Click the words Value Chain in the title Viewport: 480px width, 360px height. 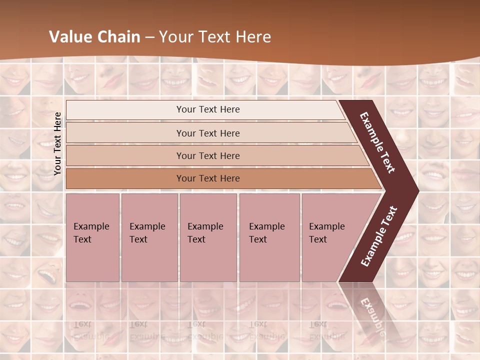coord(95,37)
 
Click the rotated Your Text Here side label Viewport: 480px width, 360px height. coord(57,143)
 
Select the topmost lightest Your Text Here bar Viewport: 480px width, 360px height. coord(208,109)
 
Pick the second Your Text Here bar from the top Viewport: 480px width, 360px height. coord(208,133)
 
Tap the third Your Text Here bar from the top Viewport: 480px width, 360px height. coord(208,155)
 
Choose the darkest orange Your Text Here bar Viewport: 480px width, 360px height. coord(208,178)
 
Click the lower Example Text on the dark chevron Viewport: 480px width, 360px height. coord(379,236)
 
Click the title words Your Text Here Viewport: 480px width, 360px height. coord(215,37)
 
